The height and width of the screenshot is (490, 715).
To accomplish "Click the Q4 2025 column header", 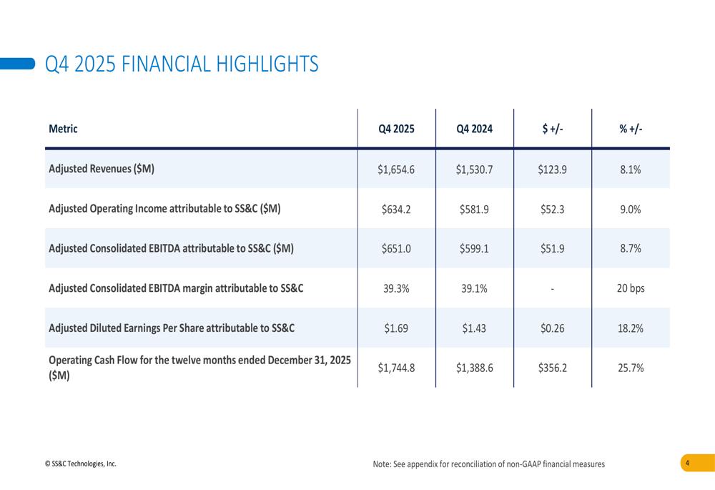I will pyautogui.click(x=396, y=129).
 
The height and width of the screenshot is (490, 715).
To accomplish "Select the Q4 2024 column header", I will pyautogui.click(x=474, y=129).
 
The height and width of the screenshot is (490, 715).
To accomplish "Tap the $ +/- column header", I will pyautogui.click(x=552, y=129).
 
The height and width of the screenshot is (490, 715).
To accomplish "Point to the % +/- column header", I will pyautogui.click(x=631, y=129).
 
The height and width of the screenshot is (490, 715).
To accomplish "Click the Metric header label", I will pyautogui.click(x=63, y=129).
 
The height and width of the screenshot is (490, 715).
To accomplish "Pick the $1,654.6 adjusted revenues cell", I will pyautogui.click(x=396, y=170).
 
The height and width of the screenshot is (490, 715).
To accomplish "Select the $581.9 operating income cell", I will pyautogui.click(x=474, y=210).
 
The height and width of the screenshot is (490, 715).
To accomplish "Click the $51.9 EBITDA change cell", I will pyautogui.click(x=552, y=249).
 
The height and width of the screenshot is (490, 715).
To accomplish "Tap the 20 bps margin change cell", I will pyautogui.click(x=631, y=289).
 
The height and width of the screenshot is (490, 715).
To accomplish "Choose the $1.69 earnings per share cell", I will pyautogui.click(x=396, y=329).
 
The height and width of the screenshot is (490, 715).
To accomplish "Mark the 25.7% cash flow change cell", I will pyautogui.click(x=631, y=368).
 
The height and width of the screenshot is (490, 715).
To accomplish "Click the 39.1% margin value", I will pyautogui.click(x=474, y=289).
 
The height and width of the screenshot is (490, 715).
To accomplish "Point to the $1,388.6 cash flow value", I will pyautogui.click(x=474, y=368).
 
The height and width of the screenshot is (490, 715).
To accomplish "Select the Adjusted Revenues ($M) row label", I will pyautogui.click(x=101, y=170).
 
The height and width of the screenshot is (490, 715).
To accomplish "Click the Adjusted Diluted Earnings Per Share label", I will pyautogui.click(x=172, y=329).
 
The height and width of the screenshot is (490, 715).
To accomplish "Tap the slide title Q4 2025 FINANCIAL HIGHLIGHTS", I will pyautogui.click(x=182, y=64).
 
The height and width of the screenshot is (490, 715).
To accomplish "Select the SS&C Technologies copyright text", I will pyautogui.click(x=80, y=464).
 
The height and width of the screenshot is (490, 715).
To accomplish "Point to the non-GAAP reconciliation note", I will pyautogui.click(x=488, y=464).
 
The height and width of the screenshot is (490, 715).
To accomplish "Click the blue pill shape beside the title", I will pyautogui.click(x=18, y=64).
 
